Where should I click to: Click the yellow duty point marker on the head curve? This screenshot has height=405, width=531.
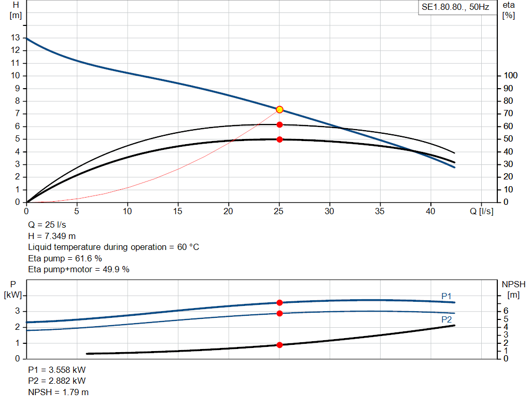coord(280,109)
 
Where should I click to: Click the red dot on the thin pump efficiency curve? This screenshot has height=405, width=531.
coord(280,124)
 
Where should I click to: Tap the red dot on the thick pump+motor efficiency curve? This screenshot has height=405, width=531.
coord(280,139)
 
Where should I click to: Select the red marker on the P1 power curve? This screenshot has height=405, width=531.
coord(280,302)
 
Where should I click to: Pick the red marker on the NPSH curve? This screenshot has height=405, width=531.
coord(280,345)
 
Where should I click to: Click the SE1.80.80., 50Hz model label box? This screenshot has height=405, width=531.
coord(455,8)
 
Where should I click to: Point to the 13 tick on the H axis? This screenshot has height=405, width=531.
coord(15,38)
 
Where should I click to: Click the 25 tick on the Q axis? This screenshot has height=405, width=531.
coord(279,212)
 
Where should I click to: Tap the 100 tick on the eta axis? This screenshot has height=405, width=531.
coord(511,76)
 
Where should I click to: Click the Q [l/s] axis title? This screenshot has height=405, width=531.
coord(481,212)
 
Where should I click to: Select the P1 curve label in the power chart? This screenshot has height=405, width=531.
coord(446,296)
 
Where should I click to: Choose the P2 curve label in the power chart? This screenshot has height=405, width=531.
coord(446,319)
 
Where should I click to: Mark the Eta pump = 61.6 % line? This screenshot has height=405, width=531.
coord(65,258)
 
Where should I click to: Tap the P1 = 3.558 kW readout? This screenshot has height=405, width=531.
coord(57,370)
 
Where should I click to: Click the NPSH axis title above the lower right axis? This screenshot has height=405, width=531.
coord(513,284)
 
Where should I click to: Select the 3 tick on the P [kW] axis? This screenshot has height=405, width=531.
coord(17,311)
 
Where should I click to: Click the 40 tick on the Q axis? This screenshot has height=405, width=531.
coord(430,212)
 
